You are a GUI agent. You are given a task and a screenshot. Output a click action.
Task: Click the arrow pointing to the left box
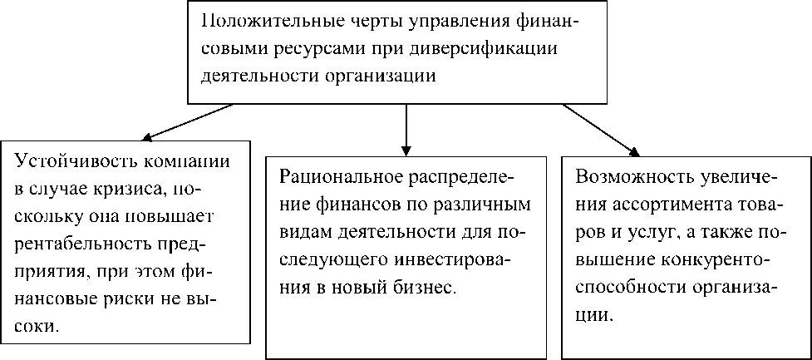(188, 122)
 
